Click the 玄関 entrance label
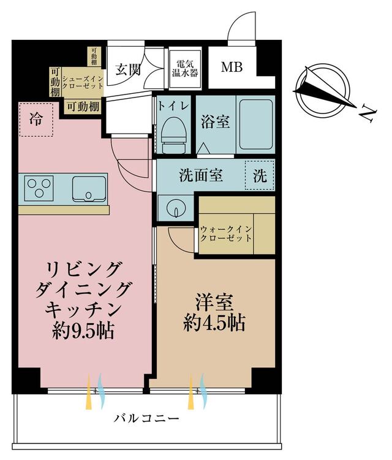128,70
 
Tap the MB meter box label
232,67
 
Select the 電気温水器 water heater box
185,69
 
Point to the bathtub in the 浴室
256,125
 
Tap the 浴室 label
215,121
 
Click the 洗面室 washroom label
201,175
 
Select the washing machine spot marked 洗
260,175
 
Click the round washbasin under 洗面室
176,209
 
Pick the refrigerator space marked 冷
36,120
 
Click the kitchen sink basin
89,189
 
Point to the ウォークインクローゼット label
226,234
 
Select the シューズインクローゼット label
83,82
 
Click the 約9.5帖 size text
83,332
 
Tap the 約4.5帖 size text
214,323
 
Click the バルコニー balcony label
146,418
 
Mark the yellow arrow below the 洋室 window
191,391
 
